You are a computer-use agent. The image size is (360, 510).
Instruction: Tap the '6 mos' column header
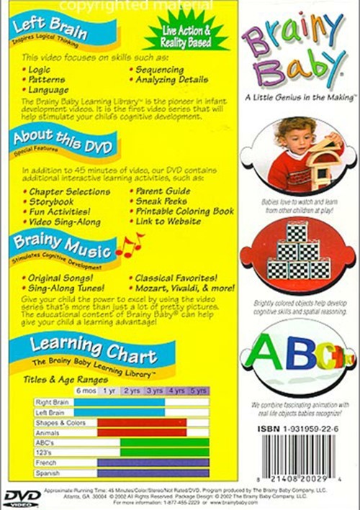coord(86,391)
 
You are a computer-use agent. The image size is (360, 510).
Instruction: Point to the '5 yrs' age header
coord(198,391)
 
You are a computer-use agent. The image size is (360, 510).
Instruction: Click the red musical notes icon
coord(130,247)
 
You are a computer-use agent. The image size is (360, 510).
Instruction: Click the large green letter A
coord(264,352)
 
